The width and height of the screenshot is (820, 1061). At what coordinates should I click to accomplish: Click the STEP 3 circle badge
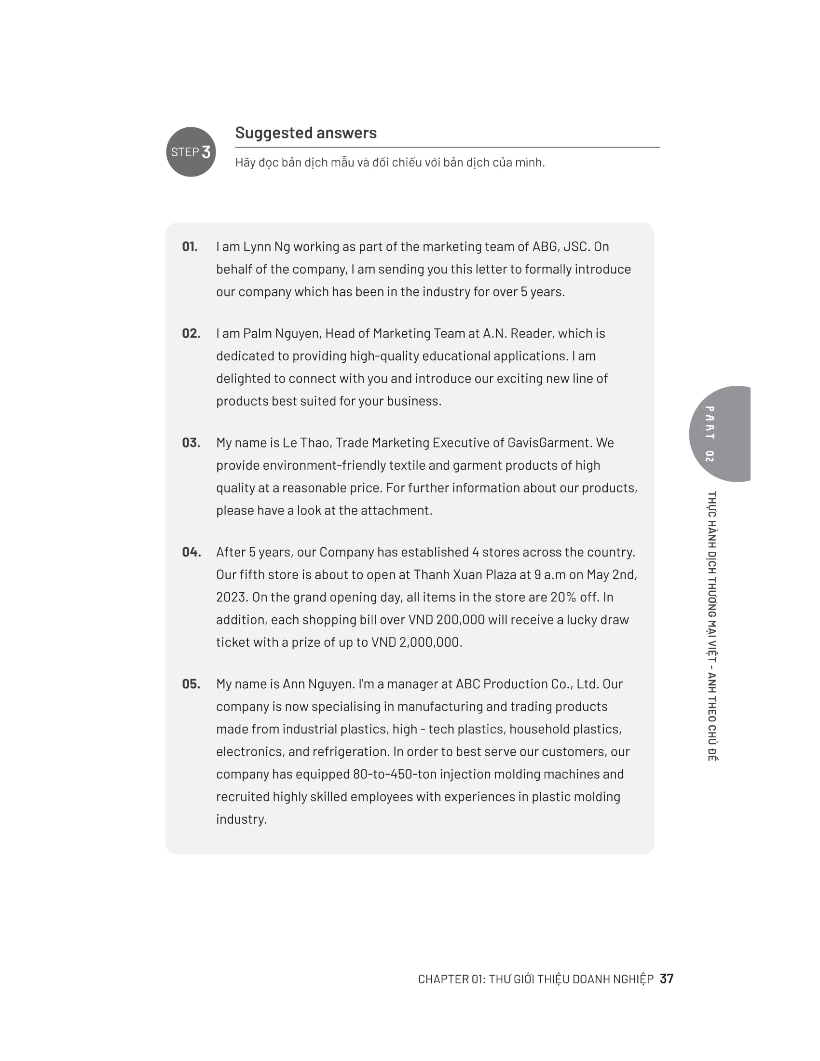pyautogui.click(x=191, y=152)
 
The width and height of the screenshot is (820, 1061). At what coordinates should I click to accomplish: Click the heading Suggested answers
pyautogui.click(x=305, y=133)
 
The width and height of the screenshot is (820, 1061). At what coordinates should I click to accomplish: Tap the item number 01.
pyautogui.click(x=190, y=247)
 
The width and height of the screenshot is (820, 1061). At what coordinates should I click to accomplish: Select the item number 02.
pyautogui.click(x=191, y=334)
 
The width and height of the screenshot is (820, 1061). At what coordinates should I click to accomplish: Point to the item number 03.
pyautogui.click(x=191, y=443)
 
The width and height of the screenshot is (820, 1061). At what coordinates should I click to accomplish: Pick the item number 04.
pyautogui.click(x=191, y=552)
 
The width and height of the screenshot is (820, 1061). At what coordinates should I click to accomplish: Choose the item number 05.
pyautogui.click(x=191, y=684)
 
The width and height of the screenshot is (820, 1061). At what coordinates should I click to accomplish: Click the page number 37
pyautogui.click(x=667, y=979)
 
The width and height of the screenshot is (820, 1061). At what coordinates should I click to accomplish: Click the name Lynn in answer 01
pyautogui.click(x=257, y=247)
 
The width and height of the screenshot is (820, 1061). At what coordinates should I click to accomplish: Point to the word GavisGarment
pyautogui.click(x=548, y=443)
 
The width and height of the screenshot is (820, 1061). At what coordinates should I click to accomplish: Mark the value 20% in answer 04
pyautogui.click(x=563, y=597)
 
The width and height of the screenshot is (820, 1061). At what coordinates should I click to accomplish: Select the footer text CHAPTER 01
pyautogui.click(x=451, y=979)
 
